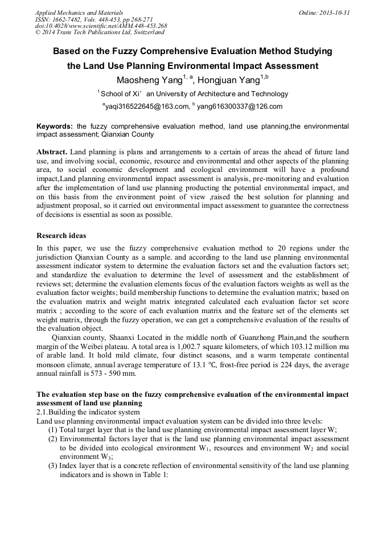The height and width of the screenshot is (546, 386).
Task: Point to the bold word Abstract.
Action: click(52, 152)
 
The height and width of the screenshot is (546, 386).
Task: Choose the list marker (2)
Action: click(53, 439)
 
